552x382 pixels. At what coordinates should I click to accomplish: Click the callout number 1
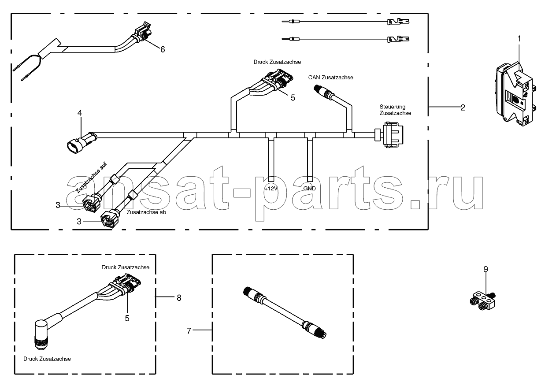519,39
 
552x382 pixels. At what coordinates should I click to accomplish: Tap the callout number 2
463,108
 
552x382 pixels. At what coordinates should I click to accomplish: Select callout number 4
80,113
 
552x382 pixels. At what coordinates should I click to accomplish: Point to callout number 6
163,49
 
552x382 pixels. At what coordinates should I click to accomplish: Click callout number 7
189,331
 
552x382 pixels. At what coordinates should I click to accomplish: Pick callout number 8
179,298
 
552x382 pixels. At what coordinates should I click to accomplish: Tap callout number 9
485,269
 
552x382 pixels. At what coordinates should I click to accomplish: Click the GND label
309,189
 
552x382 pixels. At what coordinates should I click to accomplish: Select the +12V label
271,189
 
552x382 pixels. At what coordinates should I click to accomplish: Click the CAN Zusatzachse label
330,78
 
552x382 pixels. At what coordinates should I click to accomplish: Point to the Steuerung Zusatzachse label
395,110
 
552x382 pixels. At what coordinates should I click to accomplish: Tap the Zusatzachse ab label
146,212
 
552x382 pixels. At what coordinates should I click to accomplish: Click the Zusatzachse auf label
91,177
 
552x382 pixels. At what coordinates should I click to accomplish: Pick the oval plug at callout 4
82,142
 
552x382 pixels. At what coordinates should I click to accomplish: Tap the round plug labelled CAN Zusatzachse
324,91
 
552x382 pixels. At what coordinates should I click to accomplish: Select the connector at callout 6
143,32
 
